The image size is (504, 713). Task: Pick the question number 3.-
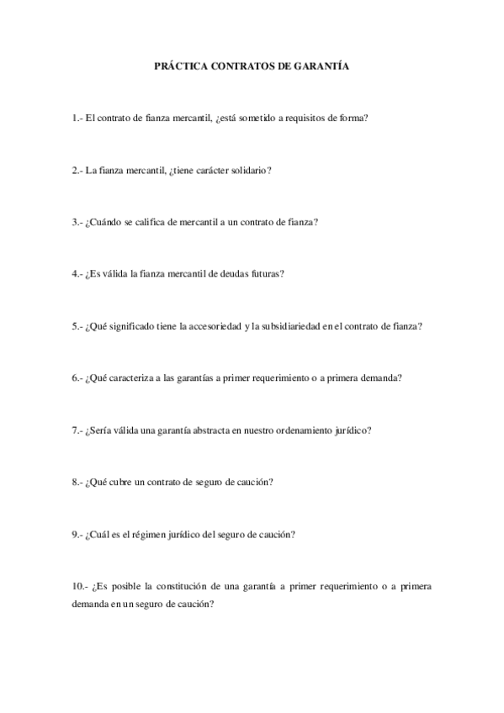pos(77,222)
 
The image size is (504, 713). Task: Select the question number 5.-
pos(77,326)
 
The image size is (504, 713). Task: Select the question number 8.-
pos(77,483)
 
